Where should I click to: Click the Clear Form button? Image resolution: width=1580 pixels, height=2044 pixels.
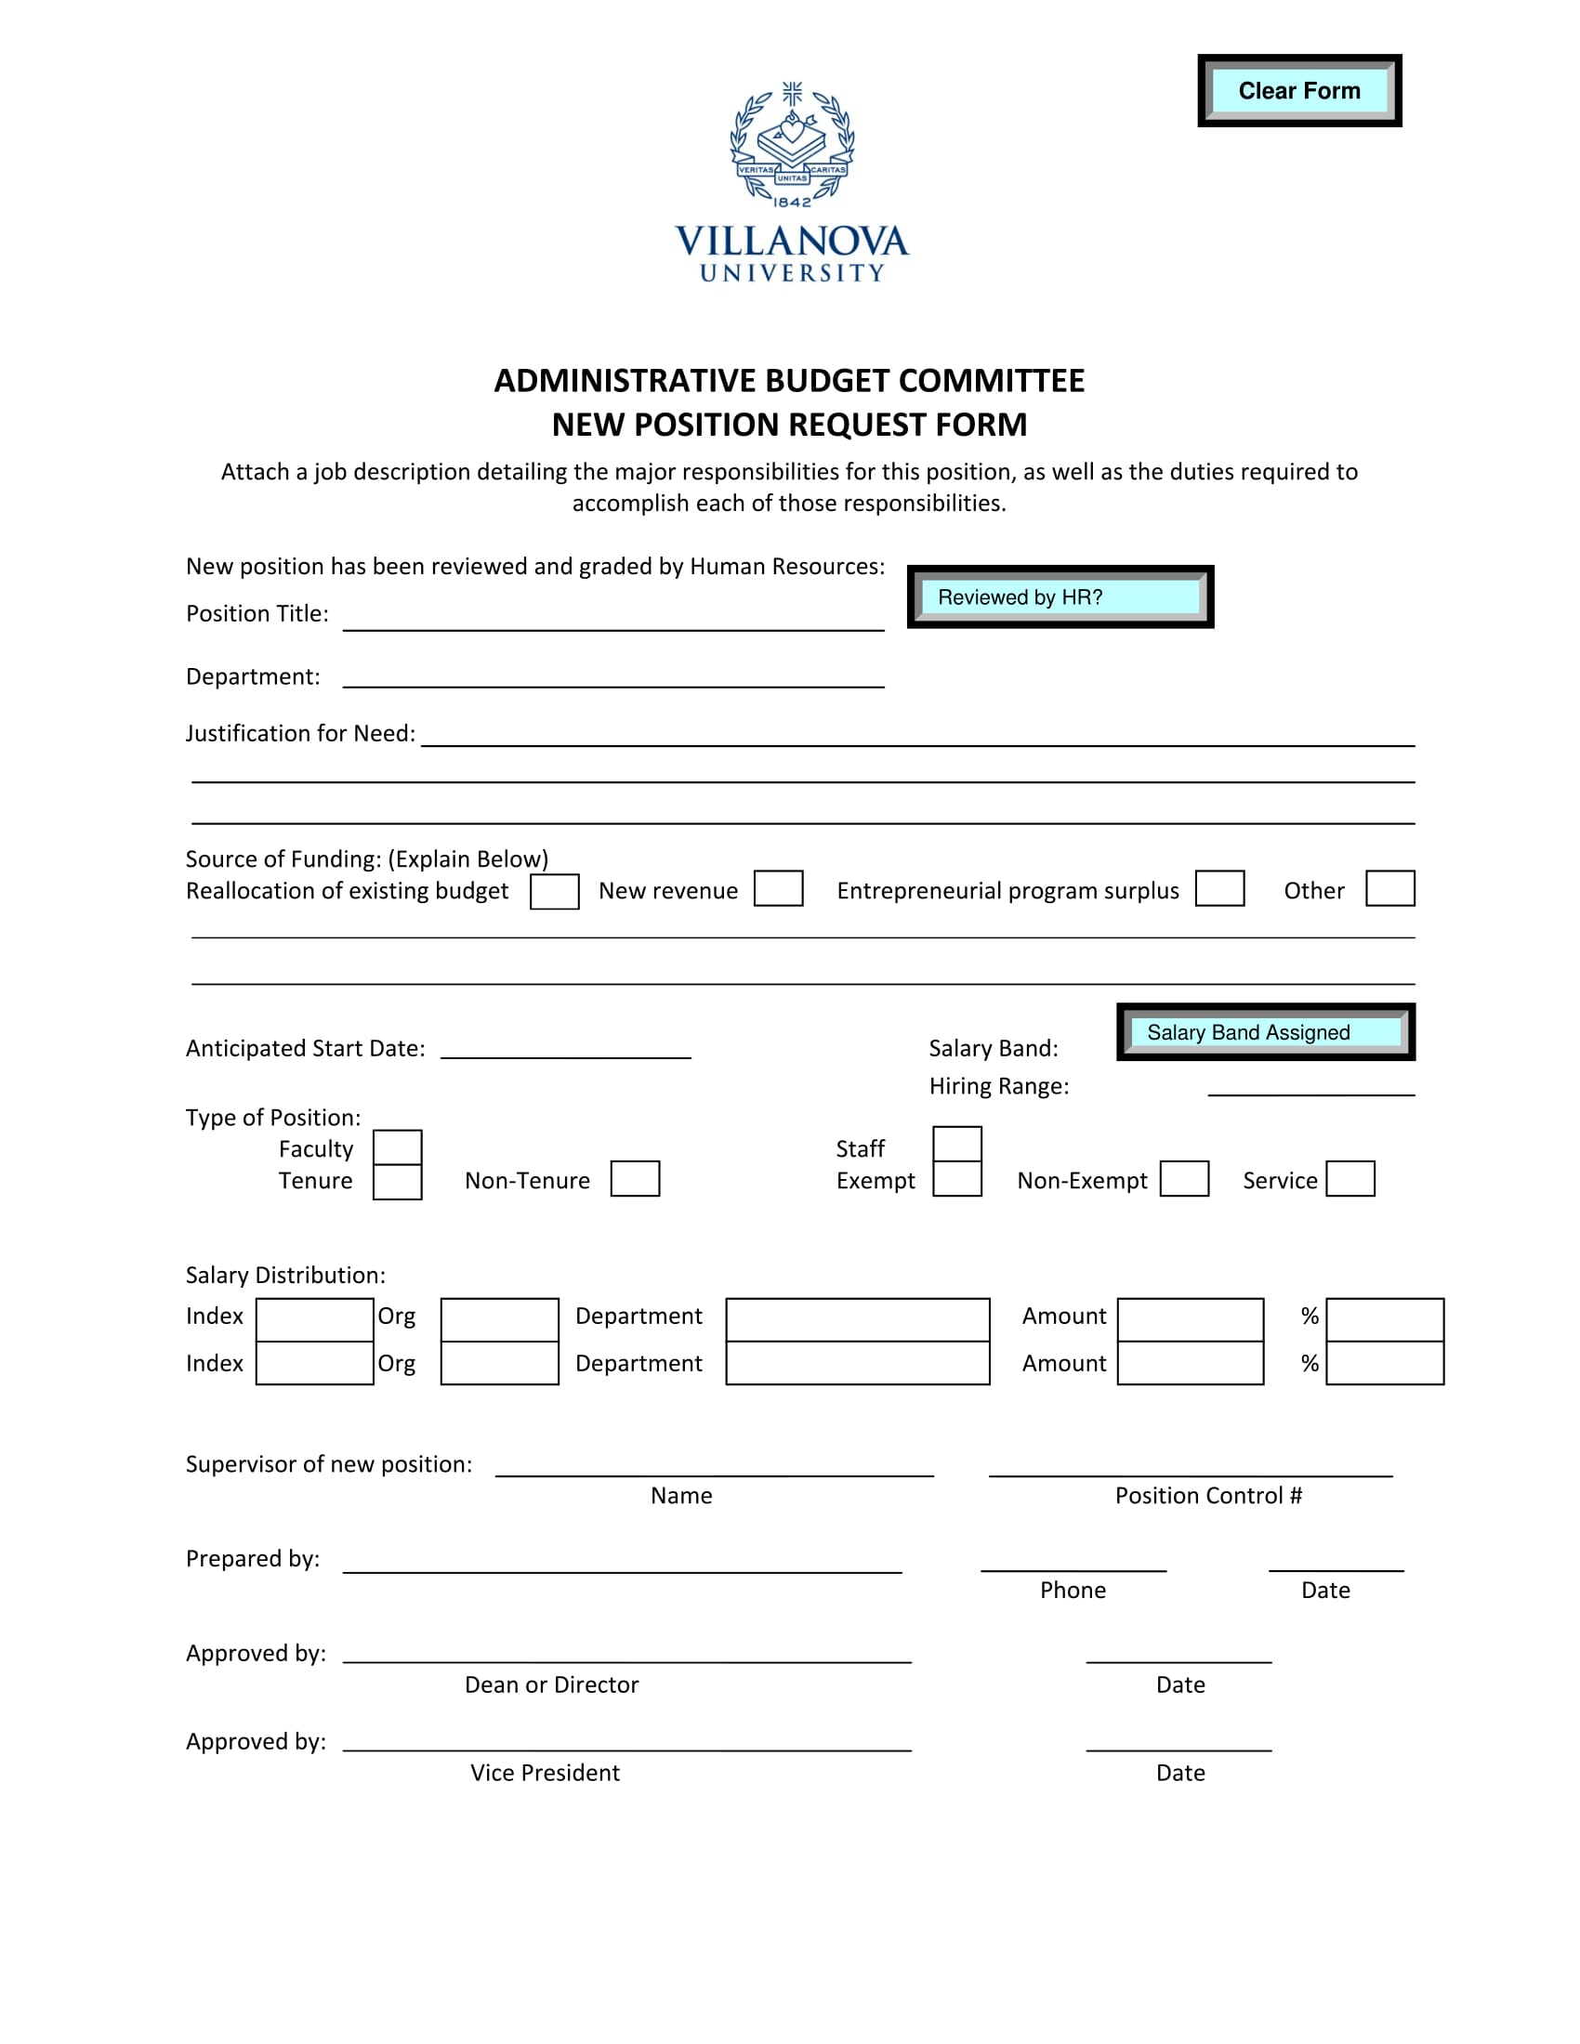[x=1298, y=91]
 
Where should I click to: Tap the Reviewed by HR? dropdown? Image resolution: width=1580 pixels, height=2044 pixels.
[x=1060, y=597]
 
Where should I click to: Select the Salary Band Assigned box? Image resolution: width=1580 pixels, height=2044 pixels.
[x=1265, y=1031]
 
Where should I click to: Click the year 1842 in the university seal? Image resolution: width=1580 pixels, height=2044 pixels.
[x=792, y=203]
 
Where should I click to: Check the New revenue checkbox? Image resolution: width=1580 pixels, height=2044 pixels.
[x=778, y=888]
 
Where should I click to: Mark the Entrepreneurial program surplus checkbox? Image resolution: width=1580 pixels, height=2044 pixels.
[x=1218, y=888]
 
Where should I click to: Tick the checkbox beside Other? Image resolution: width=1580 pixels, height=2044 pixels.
[x=1389, y=888]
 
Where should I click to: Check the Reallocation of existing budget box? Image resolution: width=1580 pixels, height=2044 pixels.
[x=554, y=891]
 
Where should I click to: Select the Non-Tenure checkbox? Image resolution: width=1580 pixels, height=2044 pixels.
[x=635, y=1178]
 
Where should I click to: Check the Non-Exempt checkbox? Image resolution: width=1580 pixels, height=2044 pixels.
[x=1183, y=1178]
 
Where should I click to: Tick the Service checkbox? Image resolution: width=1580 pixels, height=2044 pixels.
[x=1350, y=1178]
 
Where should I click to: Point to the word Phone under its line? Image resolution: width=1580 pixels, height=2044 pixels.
[x=1073, y=1590]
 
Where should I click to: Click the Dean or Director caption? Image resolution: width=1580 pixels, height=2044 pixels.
[x=551, y=1684]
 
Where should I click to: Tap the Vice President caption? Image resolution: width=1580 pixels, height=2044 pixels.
[x=545, y=1773]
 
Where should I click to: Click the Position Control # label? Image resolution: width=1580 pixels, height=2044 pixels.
[x=1207, y=1496]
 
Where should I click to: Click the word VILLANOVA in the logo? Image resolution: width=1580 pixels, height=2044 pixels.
[x=792, y=242]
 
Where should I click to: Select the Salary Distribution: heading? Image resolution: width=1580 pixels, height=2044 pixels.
[x=285, y=1275]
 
